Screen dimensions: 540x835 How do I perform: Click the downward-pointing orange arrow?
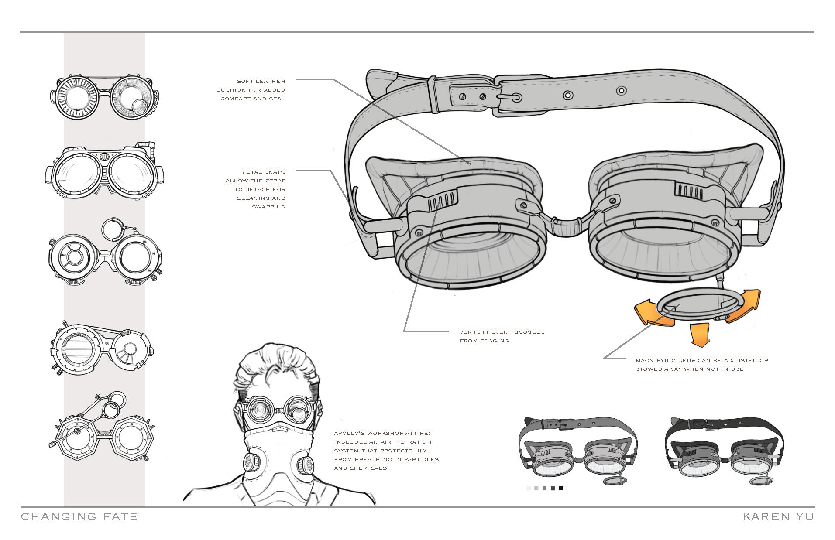[x=700, y=335]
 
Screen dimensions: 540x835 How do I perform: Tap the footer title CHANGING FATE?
[x=79, y=517]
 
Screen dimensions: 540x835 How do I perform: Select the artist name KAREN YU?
[x=778, y=517]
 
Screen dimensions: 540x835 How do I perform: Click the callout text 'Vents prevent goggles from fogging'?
[x=502, y=336]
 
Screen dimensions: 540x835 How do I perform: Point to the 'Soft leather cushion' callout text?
[x=251, y=90]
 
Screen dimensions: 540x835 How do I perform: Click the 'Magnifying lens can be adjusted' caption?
[x=701, y=365]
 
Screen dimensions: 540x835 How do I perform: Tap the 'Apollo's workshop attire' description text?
[x=386, y=451]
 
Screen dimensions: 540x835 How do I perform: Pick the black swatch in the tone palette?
[x=561, y=489]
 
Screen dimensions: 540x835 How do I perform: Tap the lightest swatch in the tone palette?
[x=529, y=489]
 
